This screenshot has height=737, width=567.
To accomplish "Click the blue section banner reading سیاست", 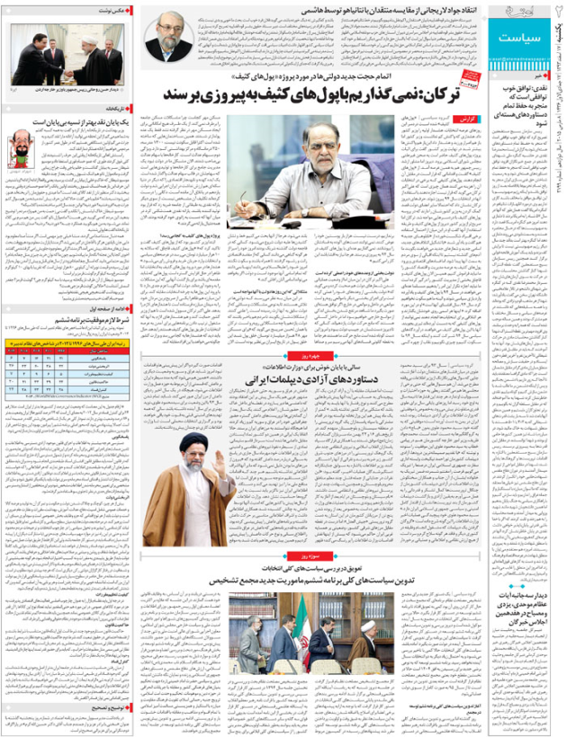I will (x=525, y=40).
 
